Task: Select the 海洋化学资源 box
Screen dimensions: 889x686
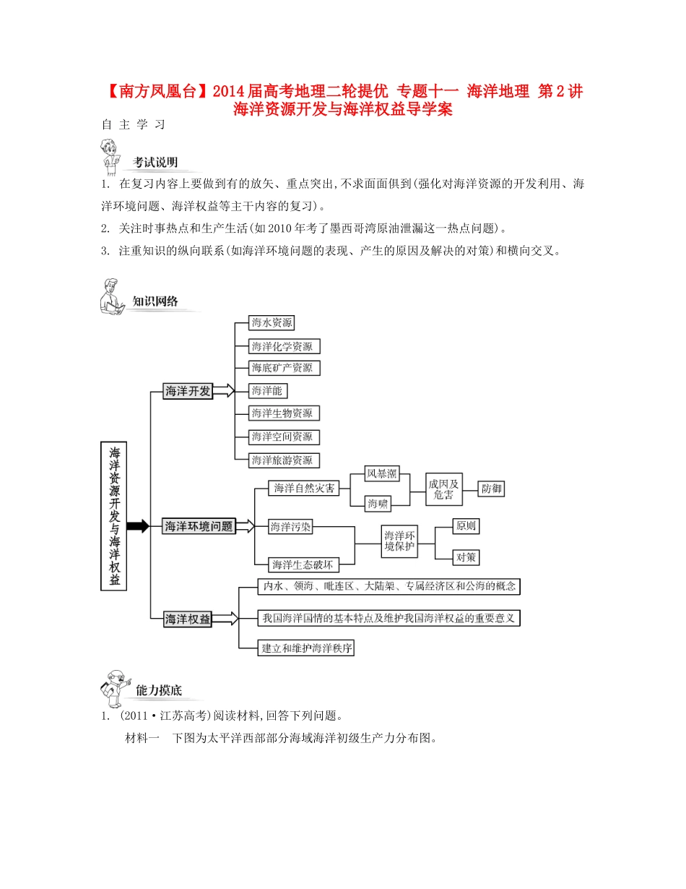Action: (284, 345)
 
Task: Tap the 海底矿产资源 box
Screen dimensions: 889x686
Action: (283, 368)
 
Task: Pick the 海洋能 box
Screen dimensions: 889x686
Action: (266, 391)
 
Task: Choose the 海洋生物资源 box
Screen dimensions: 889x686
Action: (283, 413)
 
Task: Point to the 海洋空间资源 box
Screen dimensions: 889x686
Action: (283, 437)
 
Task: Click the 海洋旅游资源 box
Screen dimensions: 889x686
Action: (283, 460)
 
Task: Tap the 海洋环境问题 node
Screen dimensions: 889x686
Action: (199, 526)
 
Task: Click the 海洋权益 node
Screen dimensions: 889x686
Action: (188, 619)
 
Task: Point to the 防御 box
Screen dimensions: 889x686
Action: (492, 489)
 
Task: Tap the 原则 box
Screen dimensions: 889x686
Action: (465, 526)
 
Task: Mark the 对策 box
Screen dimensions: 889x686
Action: (465, 557)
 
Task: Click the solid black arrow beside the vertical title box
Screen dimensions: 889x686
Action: (137, 526)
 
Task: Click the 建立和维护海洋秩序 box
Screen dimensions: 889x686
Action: (307, 648)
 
